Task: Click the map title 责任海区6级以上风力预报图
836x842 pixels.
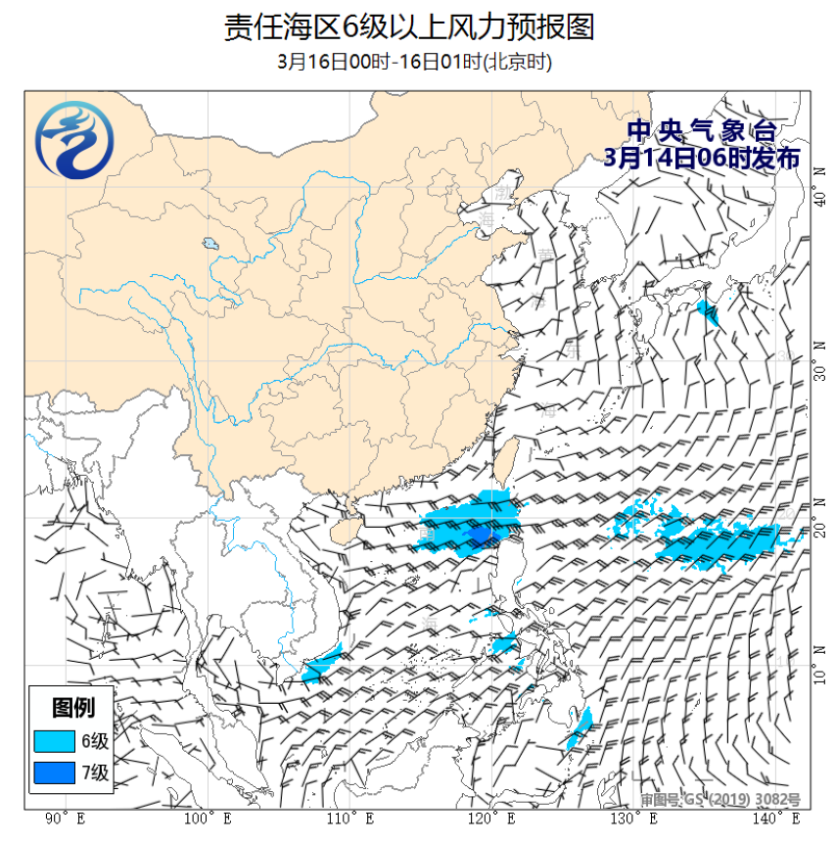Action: [409, 27]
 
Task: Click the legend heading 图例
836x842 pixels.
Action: [72, 708]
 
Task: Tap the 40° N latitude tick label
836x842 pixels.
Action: [821, 201]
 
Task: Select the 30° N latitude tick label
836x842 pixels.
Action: [821, 360]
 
